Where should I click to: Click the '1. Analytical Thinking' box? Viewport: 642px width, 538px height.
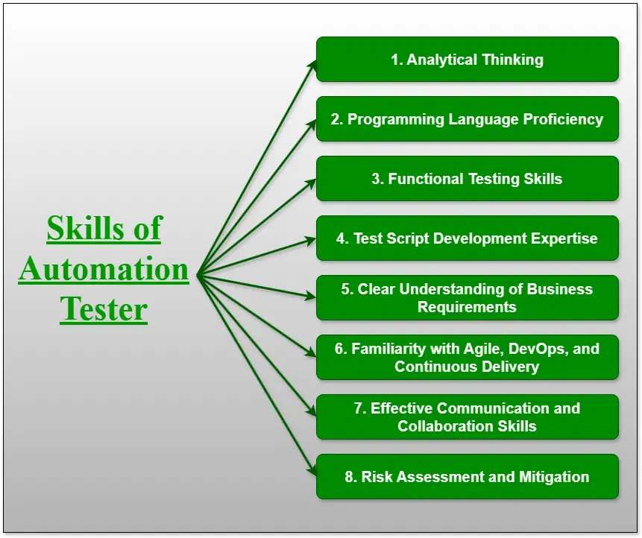pos(468,60)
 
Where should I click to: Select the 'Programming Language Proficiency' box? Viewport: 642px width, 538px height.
pos(468,119)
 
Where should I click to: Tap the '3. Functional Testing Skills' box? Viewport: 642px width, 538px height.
pos(468,178)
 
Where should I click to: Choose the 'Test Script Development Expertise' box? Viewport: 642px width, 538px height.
pos(468,238)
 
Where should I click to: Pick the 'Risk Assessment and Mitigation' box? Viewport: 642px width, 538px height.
pos(468,477)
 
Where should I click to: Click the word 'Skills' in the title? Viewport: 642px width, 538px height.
pos(85,227)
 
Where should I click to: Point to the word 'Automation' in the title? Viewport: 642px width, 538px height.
pos(104,269)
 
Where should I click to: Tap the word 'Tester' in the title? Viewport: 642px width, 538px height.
pos(104,309)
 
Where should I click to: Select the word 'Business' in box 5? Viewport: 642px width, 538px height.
pos(559,289)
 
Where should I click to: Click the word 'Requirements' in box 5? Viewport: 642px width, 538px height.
pos(467,307)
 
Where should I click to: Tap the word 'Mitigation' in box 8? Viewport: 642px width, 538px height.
pos(554,477)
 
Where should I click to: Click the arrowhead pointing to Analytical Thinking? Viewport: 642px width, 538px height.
pos(313,65)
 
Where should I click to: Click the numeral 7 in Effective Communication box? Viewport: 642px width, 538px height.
pos(359,408)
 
